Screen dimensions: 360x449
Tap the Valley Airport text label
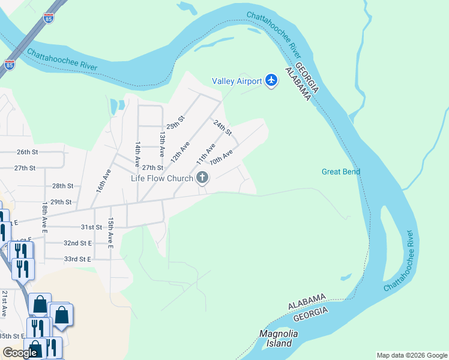tap(237, 82)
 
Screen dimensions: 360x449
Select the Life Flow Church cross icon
tap(203, 178)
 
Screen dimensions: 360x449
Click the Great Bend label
tap(340, 172)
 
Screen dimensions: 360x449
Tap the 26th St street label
tap(27, 152)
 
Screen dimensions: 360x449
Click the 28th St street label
tap(62, 187)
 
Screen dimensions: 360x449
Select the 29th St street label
tap(61, 202)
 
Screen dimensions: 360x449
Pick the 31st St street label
tap(91, 227)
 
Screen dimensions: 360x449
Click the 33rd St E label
tap(77, 259)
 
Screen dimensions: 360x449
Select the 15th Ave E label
tap(110, 233)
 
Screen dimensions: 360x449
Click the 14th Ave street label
tap(137, 154)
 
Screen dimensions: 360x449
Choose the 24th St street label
tap(223, 127)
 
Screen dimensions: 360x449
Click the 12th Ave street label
tap(179, 152)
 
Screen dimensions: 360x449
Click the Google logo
tap(20, 353)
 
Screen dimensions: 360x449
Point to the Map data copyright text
tap(411, 355)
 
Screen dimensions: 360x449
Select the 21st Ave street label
tap(4, 303)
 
